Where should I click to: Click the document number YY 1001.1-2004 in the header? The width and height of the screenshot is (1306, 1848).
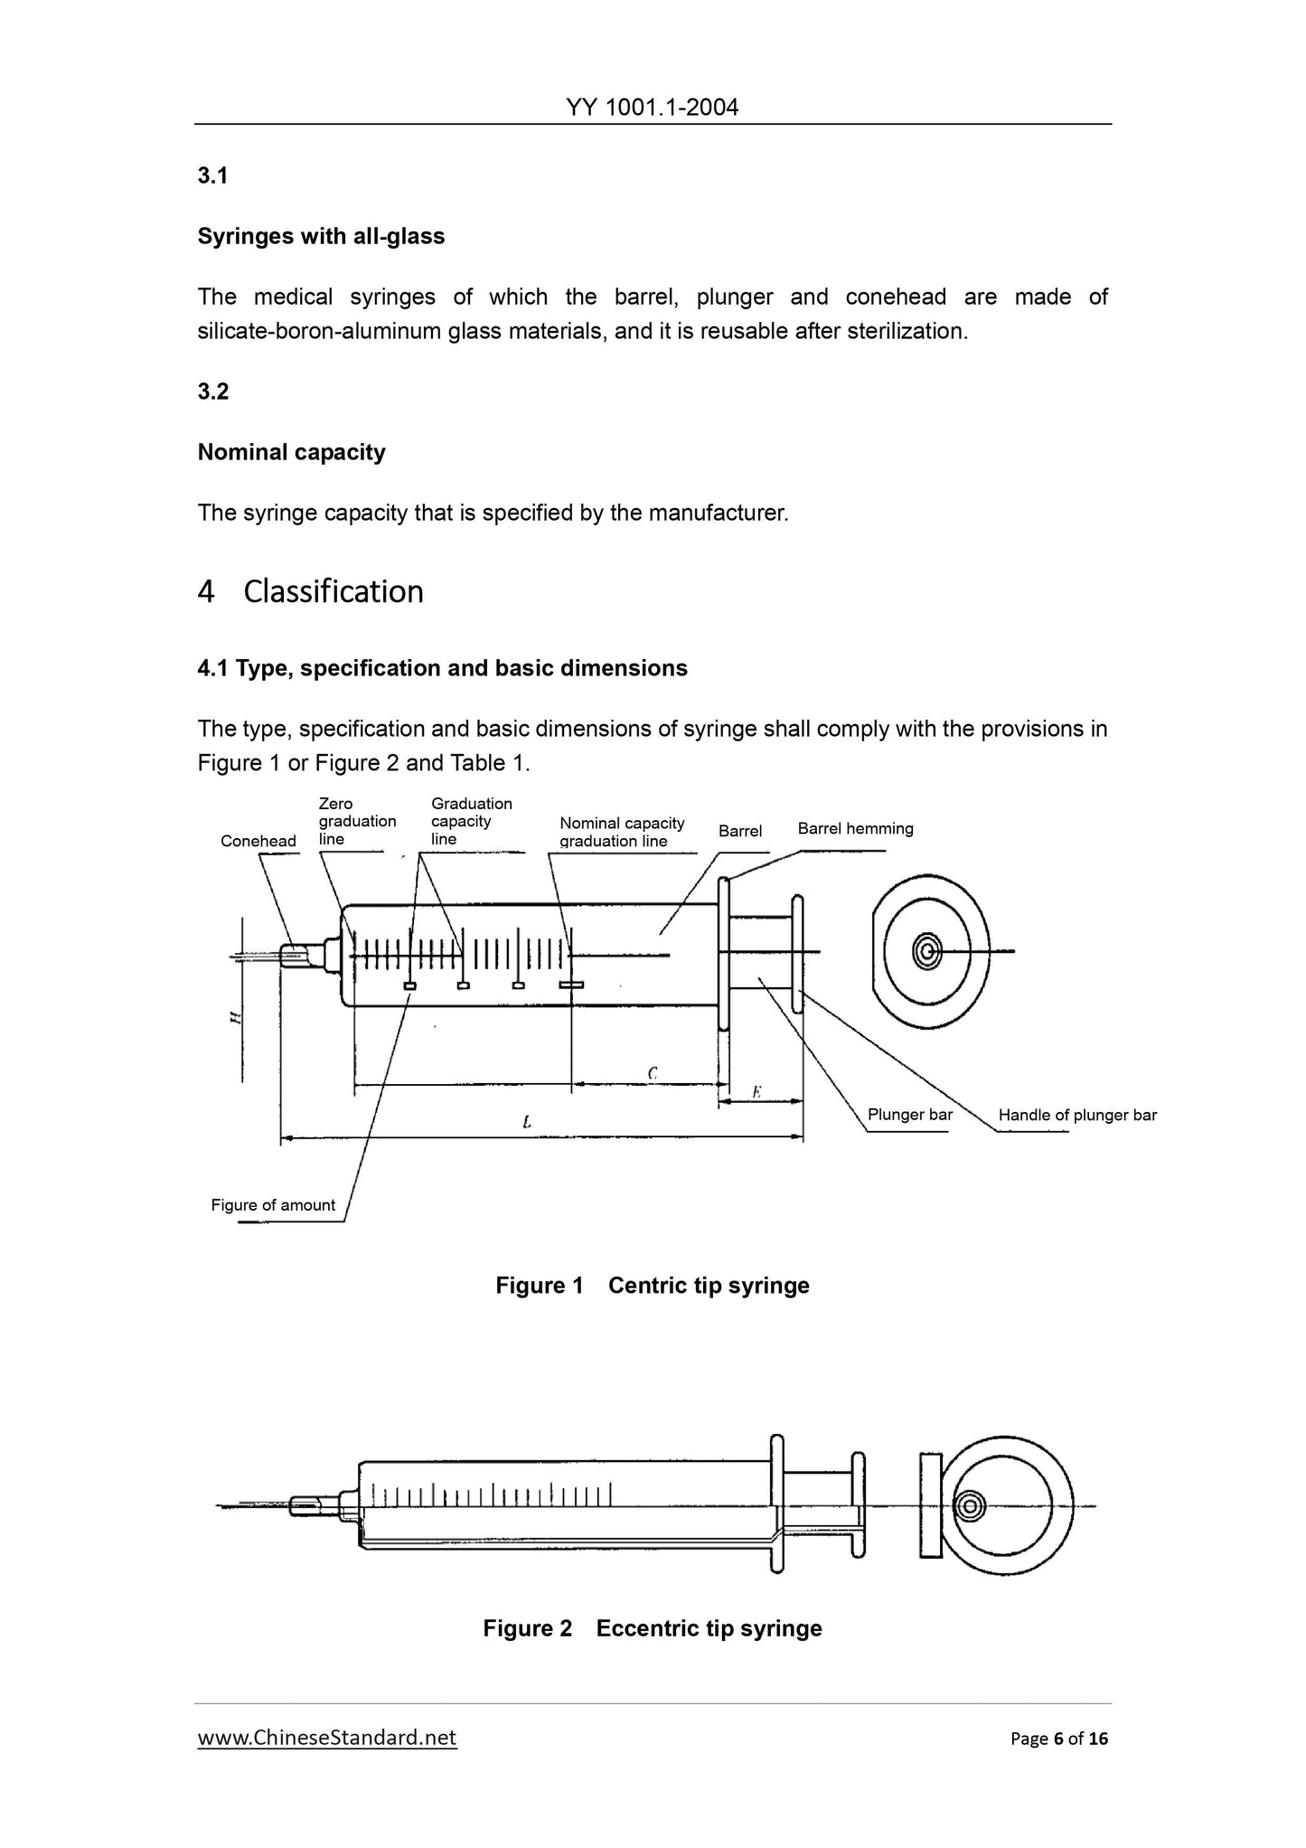coord(652,108)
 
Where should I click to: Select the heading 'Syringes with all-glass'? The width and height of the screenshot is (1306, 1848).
coord(321,237)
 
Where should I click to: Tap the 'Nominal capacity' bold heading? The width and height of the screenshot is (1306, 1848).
coord(291,452)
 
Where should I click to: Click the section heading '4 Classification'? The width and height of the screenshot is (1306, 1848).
coord(310,591)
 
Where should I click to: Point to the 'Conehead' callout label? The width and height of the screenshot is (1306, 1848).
coord(258,841)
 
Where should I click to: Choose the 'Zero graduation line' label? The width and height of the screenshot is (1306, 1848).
coord(357,821)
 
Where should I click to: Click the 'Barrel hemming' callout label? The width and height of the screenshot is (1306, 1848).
coord(855,828)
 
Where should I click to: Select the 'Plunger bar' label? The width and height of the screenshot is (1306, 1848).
coord(909,1114)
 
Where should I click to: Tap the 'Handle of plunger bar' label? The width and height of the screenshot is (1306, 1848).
coord(1076,1115)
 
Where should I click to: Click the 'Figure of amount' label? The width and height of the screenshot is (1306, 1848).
coord(272,1204)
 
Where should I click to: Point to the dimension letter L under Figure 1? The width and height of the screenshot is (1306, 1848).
coord(526,1122)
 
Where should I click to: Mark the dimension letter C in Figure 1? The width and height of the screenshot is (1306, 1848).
coord(652,1073)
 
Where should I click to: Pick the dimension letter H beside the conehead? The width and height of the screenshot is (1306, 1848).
coord(234,1017)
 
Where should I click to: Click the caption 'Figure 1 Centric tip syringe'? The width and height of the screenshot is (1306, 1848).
coord(652,1285)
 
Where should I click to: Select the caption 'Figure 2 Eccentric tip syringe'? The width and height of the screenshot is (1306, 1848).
coord(652,1628)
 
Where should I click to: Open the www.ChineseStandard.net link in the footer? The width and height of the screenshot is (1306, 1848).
coord(326,1737)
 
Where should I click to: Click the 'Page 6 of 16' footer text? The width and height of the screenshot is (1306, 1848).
coord(1058,1738)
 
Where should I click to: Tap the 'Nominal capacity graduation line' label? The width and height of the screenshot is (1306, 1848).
coord(622,832)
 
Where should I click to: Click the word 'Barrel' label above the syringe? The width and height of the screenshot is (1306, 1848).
coord(739,831)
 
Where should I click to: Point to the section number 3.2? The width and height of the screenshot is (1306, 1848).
coord(213,391)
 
